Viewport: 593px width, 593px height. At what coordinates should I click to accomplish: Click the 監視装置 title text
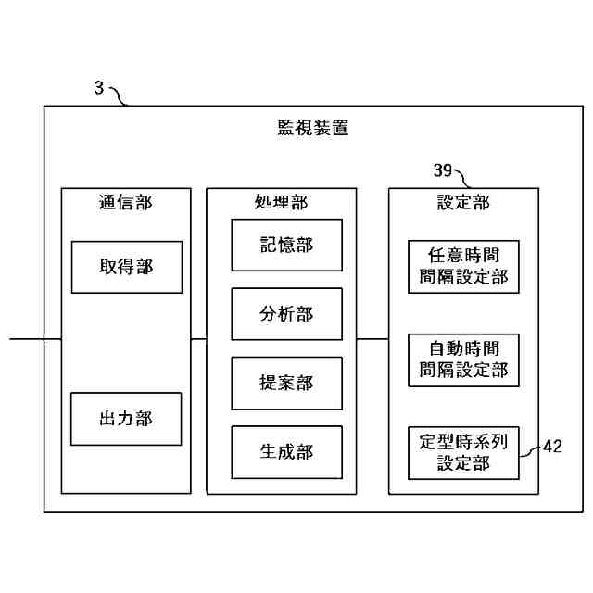point(313,129)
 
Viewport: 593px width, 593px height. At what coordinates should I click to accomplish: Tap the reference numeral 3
point(99,88)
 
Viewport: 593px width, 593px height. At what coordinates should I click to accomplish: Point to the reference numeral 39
point(443,170)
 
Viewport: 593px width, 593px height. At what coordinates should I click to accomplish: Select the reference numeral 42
point(552,447)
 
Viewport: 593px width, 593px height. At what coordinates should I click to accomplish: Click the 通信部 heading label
point(125,202)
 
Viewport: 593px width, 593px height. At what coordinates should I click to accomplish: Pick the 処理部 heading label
point(281,202)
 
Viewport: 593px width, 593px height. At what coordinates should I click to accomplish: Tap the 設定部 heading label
point(463,202)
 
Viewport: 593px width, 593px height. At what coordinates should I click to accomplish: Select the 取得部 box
point(126,267)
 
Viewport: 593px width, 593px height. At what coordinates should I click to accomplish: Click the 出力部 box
point(126,418)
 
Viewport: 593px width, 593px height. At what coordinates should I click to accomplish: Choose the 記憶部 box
point(286,245)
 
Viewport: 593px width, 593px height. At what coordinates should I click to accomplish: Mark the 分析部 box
point(286,314)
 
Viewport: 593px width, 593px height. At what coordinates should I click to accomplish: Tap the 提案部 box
point(286,383)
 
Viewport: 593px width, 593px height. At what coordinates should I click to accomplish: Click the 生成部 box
point(286,452)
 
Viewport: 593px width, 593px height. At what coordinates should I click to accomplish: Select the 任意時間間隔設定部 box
point(463,267)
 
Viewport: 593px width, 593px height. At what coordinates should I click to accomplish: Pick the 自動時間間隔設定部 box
point(463,360)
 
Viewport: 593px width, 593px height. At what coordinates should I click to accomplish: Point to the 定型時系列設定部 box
point(463,452)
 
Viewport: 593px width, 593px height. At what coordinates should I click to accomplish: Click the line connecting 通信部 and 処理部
point(198,339)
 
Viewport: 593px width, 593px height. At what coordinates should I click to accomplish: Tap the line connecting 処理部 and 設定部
point(372,339)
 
